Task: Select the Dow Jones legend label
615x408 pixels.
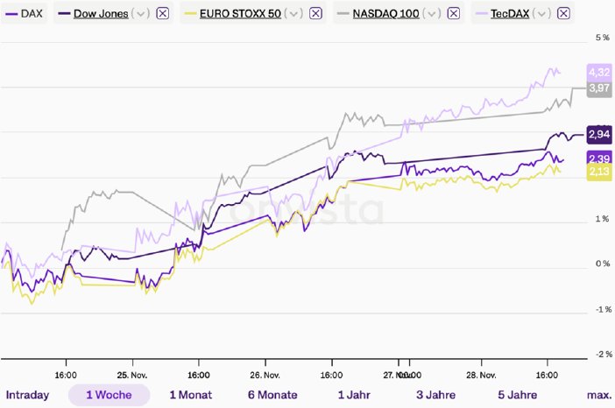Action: [x=101, y=13]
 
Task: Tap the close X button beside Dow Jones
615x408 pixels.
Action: [x=163, y=13]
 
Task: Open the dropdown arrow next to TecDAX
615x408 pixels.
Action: [x=543, y=13]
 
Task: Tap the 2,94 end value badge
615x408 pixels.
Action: [x=599, y=134]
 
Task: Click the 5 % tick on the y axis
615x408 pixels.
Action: [x=603, y=39]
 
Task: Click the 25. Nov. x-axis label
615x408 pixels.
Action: [x=131, y=371]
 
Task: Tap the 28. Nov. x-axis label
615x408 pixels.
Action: [x=480, y=371]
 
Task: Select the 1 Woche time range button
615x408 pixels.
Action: [x=109, y=395]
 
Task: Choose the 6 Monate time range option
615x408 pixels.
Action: [x=272, y=395]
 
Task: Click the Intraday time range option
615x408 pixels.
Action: [x=27, y=395]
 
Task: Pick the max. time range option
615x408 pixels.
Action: [x=599, y=395]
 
